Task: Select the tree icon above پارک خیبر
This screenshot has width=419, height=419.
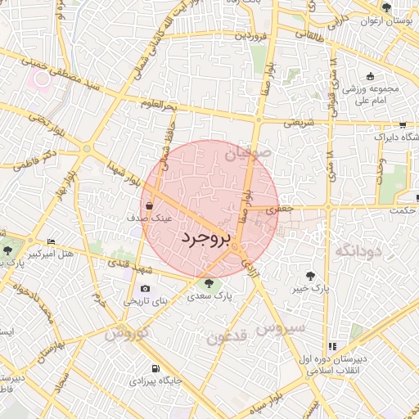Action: click(x=309, y=275)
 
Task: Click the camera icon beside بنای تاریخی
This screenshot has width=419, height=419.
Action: click(x=145, y=288)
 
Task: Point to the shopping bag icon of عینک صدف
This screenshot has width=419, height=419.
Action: click(x=151, y=206)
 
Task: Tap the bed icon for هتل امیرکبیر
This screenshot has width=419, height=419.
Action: click(x=51, y=241)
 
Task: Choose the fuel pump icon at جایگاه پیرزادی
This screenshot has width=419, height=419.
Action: click(x=155, y=367)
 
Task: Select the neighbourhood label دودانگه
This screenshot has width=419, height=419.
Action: click(x=354, y=250)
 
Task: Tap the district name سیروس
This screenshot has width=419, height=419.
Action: click(x=280, y=328)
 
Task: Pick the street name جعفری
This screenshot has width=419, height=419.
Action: click(x=281, y=209)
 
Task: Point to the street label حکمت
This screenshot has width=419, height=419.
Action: click(x=403, y=209)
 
